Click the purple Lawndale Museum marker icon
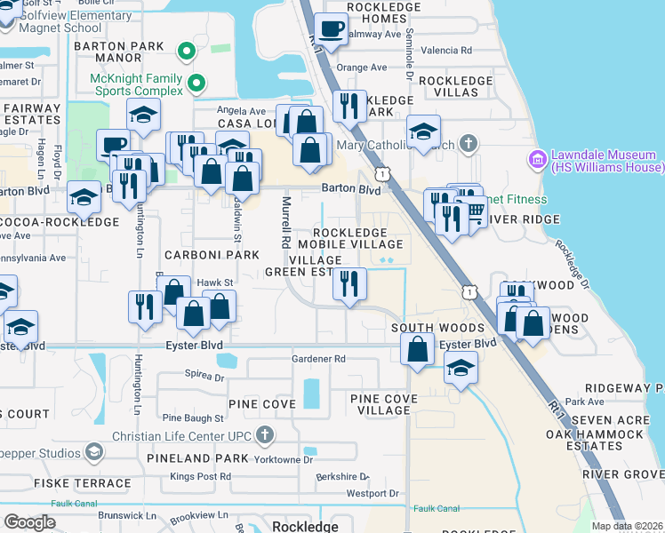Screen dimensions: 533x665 (x=537, y=160)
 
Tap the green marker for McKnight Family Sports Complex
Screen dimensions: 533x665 (x=197, y=84)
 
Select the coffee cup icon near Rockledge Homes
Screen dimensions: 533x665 (x=332, y=29)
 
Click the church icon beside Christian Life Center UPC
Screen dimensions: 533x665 (x=263, y=435)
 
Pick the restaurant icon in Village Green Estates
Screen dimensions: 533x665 (x=349, y=284)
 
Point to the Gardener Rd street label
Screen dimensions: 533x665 (x=318, y=359)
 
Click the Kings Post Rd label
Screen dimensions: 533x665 (x=200, y=477)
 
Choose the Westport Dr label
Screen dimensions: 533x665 (x=372, y=493)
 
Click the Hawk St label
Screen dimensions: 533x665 (x=215, y=282)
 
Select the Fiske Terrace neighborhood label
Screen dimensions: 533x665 (x=83, y=483)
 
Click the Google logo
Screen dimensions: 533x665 (x=29, y=522)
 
